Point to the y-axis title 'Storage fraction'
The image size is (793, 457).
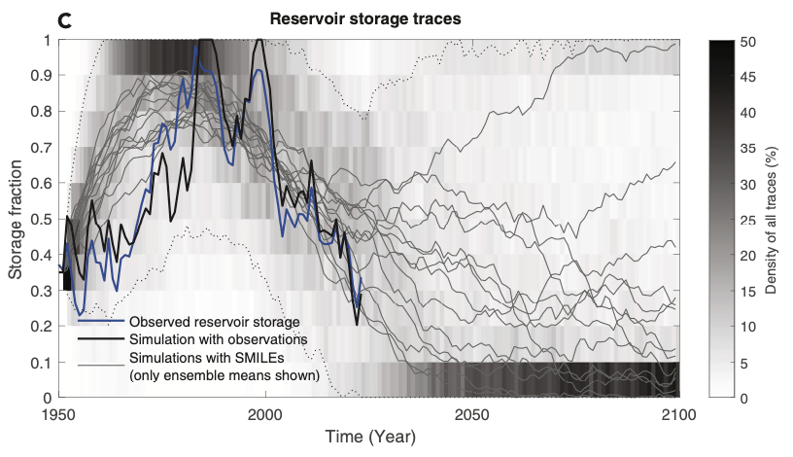point(17,219)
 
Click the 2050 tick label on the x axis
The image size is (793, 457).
point(472,414)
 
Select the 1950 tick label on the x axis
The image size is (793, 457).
point(60,414)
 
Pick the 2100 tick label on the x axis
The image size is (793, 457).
point(676,414)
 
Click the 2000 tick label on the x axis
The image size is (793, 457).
point(265,414)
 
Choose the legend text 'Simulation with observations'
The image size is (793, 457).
point(218,338)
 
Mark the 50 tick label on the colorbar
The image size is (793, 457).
point(748,41)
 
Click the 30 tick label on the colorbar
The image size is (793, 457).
point(748,184)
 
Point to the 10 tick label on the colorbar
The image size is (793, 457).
point(748,327)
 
